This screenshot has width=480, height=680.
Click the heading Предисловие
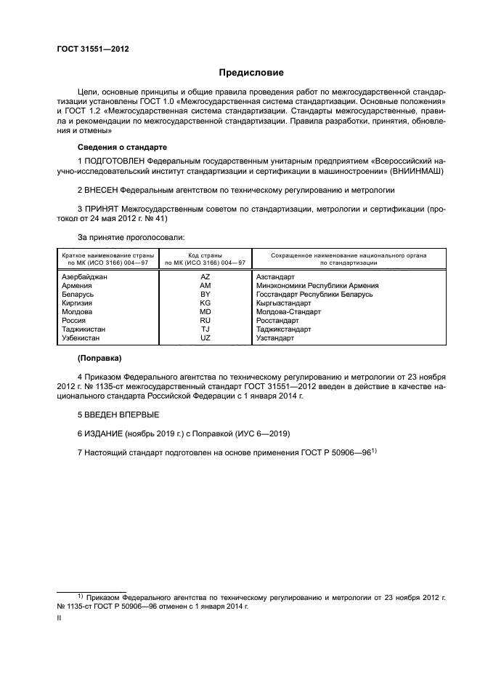click(x=252, y=73)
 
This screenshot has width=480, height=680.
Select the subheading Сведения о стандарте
click(x=122, y=146)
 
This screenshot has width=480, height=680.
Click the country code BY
click(x=206, y=295)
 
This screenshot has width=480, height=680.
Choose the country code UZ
click(x=206, y=337)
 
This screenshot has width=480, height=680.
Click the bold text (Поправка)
click(x=99, y=358)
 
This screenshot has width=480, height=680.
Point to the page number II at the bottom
click(x=60, y=617)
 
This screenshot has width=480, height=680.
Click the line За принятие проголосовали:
click(x=131, y=237)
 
